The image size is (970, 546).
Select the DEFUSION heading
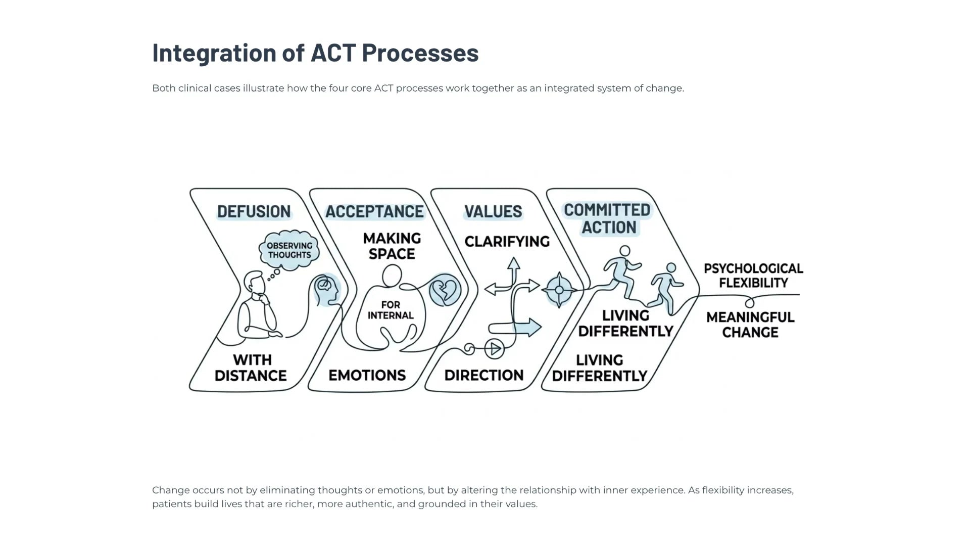click(x=254, y=211)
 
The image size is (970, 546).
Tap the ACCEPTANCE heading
click(x=374, y=211)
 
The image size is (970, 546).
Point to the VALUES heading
click(x=493, y=211)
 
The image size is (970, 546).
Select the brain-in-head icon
click(x=326, y=290)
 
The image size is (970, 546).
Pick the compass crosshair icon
click(x=559, y=290)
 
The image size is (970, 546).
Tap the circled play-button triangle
click(x=494, y=349)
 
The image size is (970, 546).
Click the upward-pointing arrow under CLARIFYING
click(x=514, y=270)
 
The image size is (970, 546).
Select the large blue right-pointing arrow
click(x=515, y=327)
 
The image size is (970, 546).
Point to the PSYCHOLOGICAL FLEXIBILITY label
click(x=753, y=276)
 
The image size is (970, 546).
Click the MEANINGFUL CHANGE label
click(x=750, y=325)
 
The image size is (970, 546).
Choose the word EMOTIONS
click(x=367, y=375)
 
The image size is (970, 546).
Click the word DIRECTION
click(x=483, y=375)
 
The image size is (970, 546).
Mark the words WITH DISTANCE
click(x=251, y=368)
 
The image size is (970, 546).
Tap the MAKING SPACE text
click(x=392, y=246)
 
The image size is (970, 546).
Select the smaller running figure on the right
click(x=666, y=288)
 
